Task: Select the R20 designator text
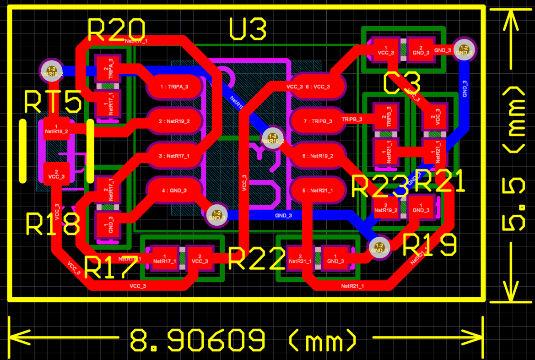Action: click(116, 31)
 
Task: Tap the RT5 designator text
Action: click(53, 102)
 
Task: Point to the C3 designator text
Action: click(401, 84)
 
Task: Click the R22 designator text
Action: click(257, 260)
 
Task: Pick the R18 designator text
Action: click(53, 224)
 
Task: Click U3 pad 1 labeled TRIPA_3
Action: click(173, 86)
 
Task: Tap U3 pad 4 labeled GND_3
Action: click(173, 190)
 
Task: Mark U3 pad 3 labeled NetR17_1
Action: click(173, 156)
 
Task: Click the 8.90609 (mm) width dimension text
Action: click(243, 340)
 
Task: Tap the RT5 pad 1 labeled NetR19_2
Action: click(56, 129)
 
